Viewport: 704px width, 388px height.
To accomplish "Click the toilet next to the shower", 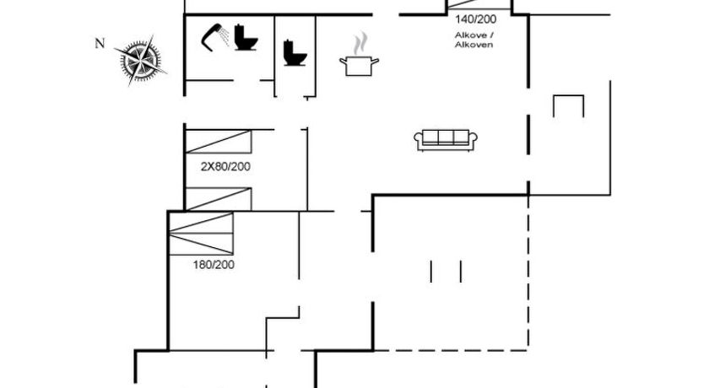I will pyautogui.click(x=246, y=38).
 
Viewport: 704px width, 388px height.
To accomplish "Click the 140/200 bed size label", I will pyautogui.click(x=477, y=19).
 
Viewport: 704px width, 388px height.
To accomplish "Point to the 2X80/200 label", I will pyautogui.click(x=225, y=167).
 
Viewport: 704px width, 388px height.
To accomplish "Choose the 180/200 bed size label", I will pyautogui.click(x=214, y=265).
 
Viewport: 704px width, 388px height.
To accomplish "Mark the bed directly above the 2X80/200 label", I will pyautogui.click(x=219, y=141).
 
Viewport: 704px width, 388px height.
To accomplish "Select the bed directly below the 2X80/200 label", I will pyautogui.click(x=219, y=198).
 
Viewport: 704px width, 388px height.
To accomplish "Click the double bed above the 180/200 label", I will pyautogui.click(x=201, y=234).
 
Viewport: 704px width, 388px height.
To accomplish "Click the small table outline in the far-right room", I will pyautogui.click(x=568, y=106).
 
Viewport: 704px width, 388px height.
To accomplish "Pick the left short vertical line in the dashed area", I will pyautogui.click(x=431, y=272).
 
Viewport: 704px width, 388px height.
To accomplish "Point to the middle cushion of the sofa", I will pyautogui.click(x=446, y=137).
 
